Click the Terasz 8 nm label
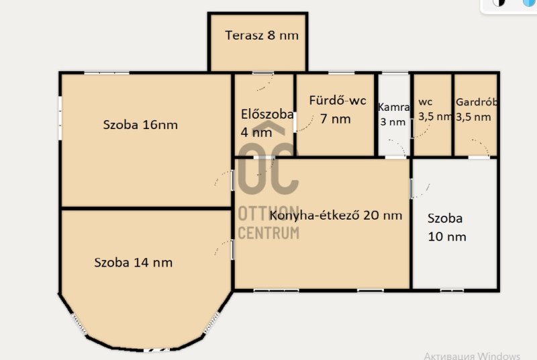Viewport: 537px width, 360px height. pyautogui.click(x=262, y=36)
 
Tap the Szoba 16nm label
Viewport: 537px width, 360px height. pyautogui.click(x=140, y=125)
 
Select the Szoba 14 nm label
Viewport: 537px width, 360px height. pyautogui.click(x=133, y=263)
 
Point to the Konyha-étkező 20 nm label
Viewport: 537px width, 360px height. pyautogui.click(x=336, y=215)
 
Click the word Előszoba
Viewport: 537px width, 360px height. pyautogui.click(x=267, y=114)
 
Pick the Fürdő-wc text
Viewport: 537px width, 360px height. pyautogui.click(x=338, y=100)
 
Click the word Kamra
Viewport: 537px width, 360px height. pyautogui.click(x=394, y=107)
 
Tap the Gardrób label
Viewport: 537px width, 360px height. pyautogui.click(x=477, y=101)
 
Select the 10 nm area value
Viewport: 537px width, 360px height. pyautogui.click(x=447, y=236)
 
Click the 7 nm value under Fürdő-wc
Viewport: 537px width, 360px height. pyautogui.click(x=335, y=119)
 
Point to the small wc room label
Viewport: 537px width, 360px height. pyautogui.click(x=426, y=102)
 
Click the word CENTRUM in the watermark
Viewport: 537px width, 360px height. pyautogui.click(x=268, y=233)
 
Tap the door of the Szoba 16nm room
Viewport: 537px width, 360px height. pyautogui.click(x=224, y=179)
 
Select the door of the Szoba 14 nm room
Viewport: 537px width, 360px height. pyautogui.click(x=224, y=249)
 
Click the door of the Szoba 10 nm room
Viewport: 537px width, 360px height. pyautogui.click(x=420, y=189)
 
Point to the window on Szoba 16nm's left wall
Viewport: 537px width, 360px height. pyautogui.click(x=60, y=118)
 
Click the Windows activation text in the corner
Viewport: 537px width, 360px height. pyautogui.click(x=472, y=356)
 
